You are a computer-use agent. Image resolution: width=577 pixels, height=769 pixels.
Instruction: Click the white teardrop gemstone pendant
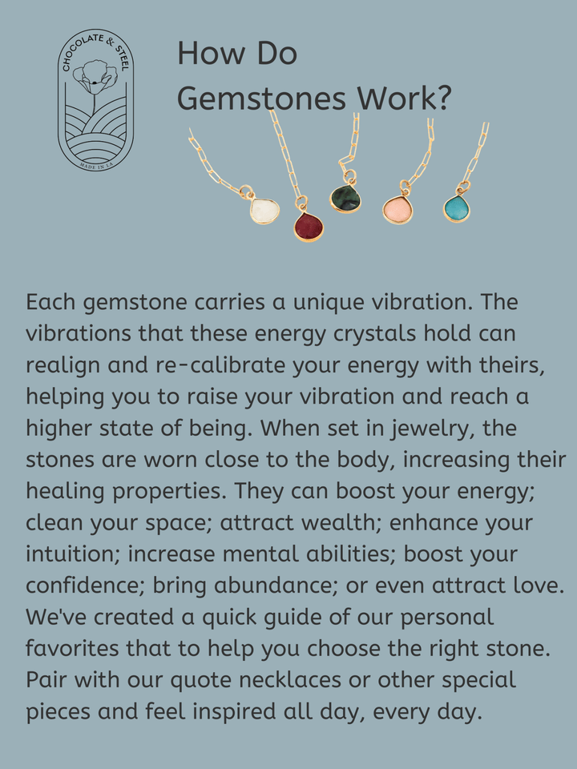point(264,211)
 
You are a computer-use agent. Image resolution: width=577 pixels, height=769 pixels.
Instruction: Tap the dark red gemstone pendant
point(309,227)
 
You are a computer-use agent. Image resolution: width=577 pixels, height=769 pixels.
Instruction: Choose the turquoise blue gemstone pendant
point(457,208)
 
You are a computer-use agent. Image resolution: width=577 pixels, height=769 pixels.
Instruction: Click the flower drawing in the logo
point(95,76)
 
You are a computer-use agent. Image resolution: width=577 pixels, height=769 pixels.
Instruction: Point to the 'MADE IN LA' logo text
point(95,166)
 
